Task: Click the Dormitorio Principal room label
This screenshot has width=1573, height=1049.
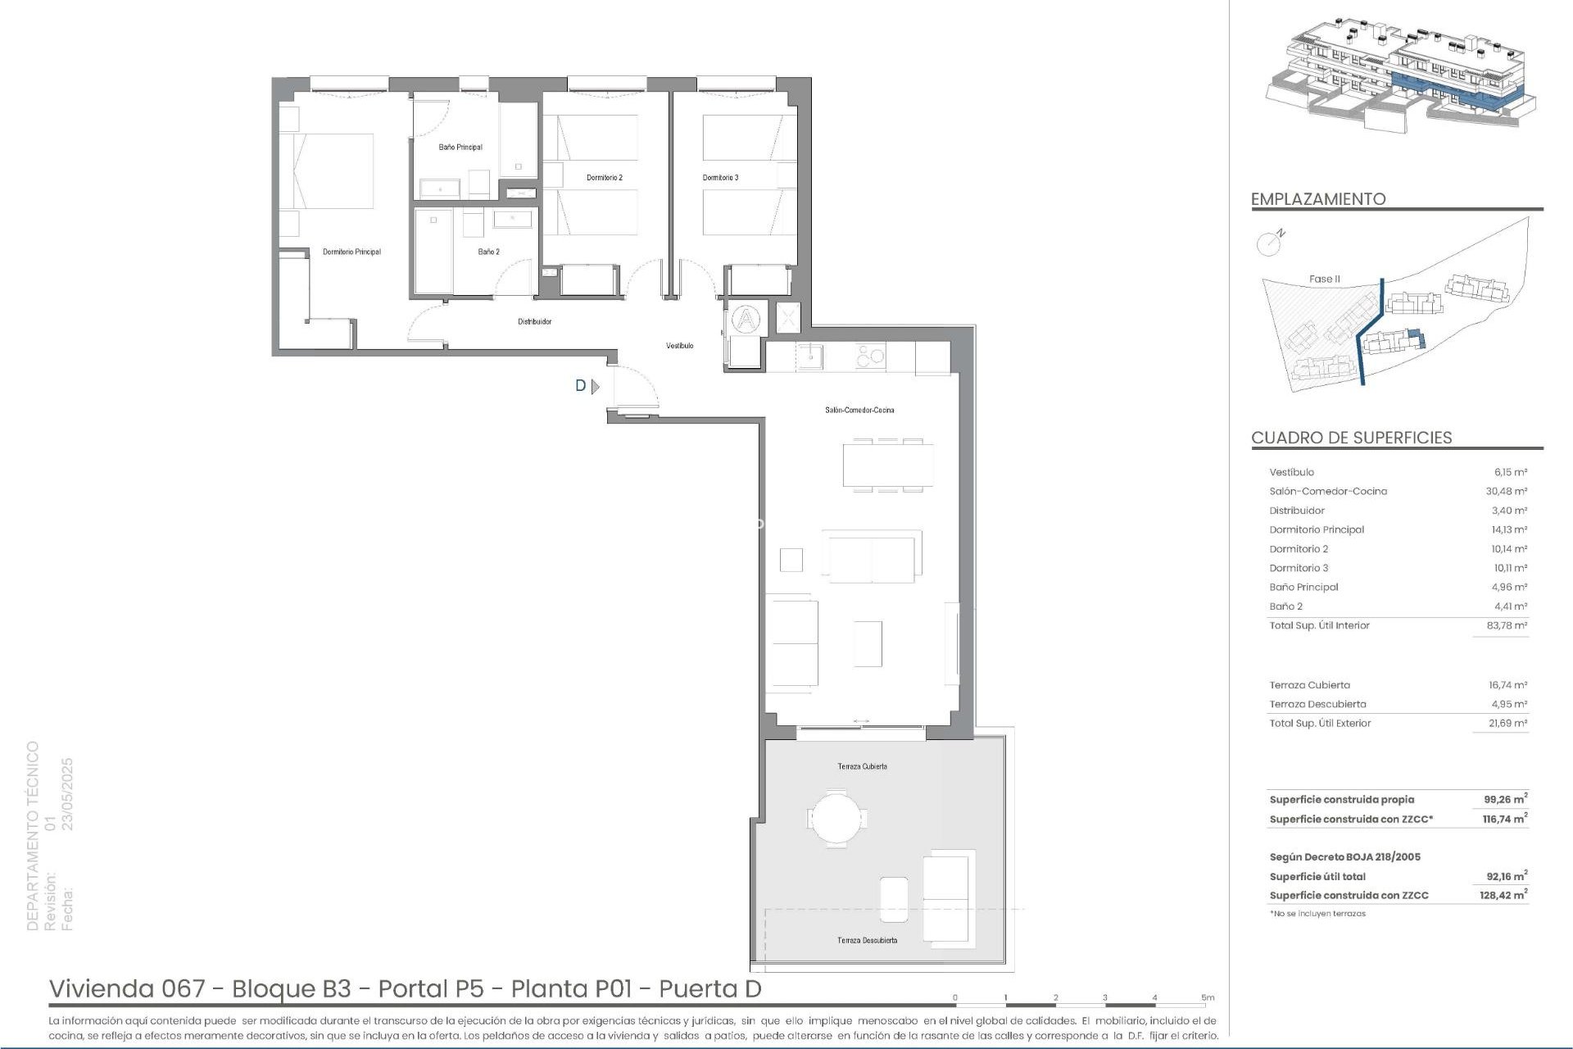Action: coord(351,252)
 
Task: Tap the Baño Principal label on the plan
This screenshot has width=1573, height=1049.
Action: coord(460,148)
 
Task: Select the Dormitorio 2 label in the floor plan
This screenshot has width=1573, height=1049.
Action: coord(605,178)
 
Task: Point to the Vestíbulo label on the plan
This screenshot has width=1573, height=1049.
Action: coord(680,346)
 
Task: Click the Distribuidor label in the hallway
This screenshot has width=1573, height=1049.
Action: coord(534,322)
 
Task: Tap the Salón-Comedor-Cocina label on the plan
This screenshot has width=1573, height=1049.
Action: coord(859,410)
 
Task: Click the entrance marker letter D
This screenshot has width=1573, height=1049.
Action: coord(581,386)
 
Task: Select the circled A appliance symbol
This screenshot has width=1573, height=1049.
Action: coord(746,318)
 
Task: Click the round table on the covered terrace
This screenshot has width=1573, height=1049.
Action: coord(836,816)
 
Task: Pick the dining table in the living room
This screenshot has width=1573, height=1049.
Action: coord(888,465)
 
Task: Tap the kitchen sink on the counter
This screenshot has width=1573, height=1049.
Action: coord(810,356)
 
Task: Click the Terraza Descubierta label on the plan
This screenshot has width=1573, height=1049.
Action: coord(867,940)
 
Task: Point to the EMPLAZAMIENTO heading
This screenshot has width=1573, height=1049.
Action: coord(1317,199)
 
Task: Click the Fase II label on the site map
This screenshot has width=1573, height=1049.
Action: coord(1324,279)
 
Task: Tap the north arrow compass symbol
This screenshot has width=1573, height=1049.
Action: coord(1269,242)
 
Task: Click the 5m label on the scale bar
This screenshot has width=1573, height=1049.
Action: coord(1208,997)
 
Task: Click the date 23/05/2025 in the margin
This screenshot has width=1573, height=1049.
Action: coord(68,793)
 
